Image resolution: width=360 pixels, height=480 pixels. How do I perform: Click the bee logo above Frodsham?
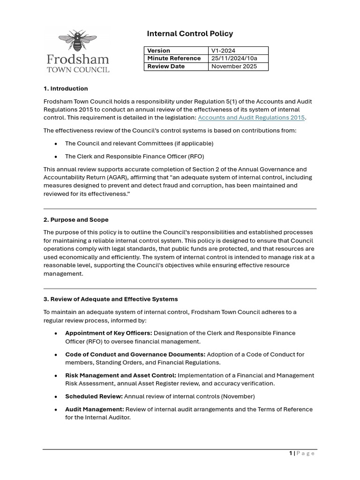tap(77, 41)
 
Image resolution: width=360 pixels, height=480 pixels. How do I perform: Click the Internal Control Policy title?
tap(190, 33)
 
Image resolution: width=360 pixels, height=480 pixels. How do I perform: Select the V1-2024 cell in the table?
tap(224, 51)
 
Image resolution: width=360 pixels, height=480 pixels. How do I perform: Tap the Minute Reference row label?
tap(174, 58)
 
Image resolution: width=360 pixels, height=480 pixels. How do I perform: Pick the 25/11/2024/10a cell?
tap(234, 58)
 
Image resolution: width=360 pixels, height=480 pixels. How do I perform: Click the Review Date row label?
tap(166, 66)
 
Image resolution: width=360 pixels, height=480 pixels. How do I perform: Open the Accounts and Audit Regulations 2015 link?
tap(251, 118)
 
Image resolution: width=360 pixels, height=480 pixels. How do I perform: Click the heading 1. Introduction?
tap(66, 88)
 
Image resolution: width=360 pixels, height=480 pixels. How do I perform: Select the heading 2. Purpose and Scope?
tap(76, 219)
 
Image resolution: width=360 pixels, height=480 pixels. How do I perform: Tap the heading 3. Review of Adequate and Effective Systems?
tap(111, 299)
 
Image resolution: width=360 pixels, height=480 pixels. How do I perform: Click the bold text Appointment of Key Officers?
tap(109, 333)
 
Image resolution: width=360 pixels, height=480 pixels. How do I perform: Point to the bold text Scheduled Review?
tap(94, 396)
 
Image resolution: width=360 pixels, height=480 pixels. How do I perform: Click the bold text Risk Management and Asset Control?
tap(120, 375)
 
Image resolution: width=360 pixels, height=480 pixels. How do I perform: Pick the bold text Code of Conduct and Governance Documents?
tap(135, 354)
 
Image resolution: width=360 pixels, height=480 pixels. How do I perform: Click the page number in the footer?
tap(291, 453)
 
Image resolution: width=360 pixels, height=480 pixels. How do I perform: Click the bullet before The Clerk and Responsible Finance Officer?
tap(56, 157)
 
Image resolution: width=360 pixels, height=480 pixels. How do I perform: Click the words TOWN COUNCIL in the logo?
tap(78, 69)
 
